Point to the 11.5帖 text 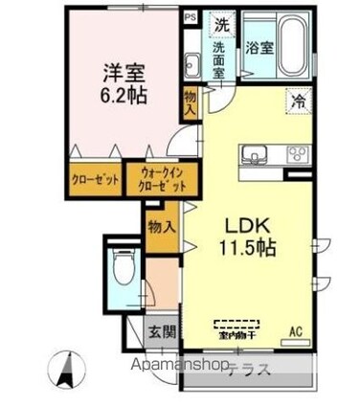[x=251, y=248]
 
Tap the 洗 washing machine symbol [x=220, y=23]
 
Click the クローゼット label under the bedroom [x=96, y=178]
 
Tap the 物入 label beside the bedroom [x=191, y=102]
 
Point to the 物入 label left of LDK [x=161, y=227]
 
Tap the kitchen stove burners [x=295, y=152]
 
